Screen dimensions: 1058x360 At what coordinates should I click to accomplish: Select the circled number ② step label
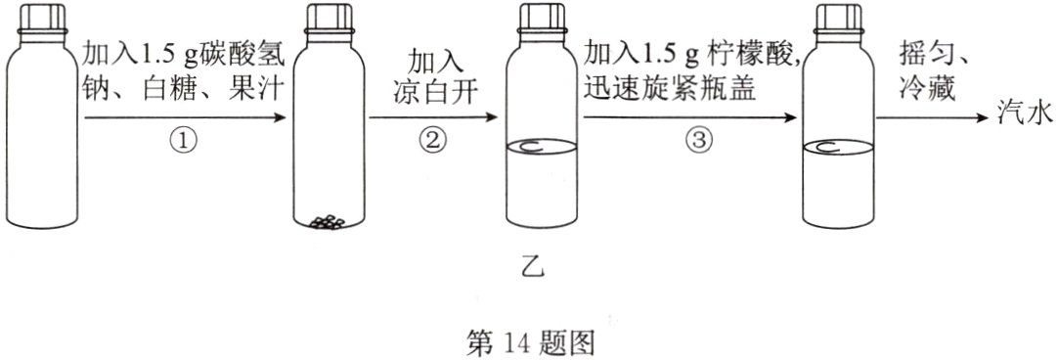(431, 141)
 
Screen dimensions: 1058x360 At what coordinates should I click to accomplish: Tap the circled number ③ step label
(695, 141)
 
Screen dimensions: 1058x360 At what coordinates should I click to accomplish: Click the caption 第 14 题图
(529, 340)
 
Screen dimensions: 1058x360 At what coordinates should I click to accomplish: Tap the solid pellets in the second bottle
(328, 221)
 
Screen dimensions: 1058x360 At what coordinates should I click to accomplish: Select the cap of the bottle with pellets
(329, 22)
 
